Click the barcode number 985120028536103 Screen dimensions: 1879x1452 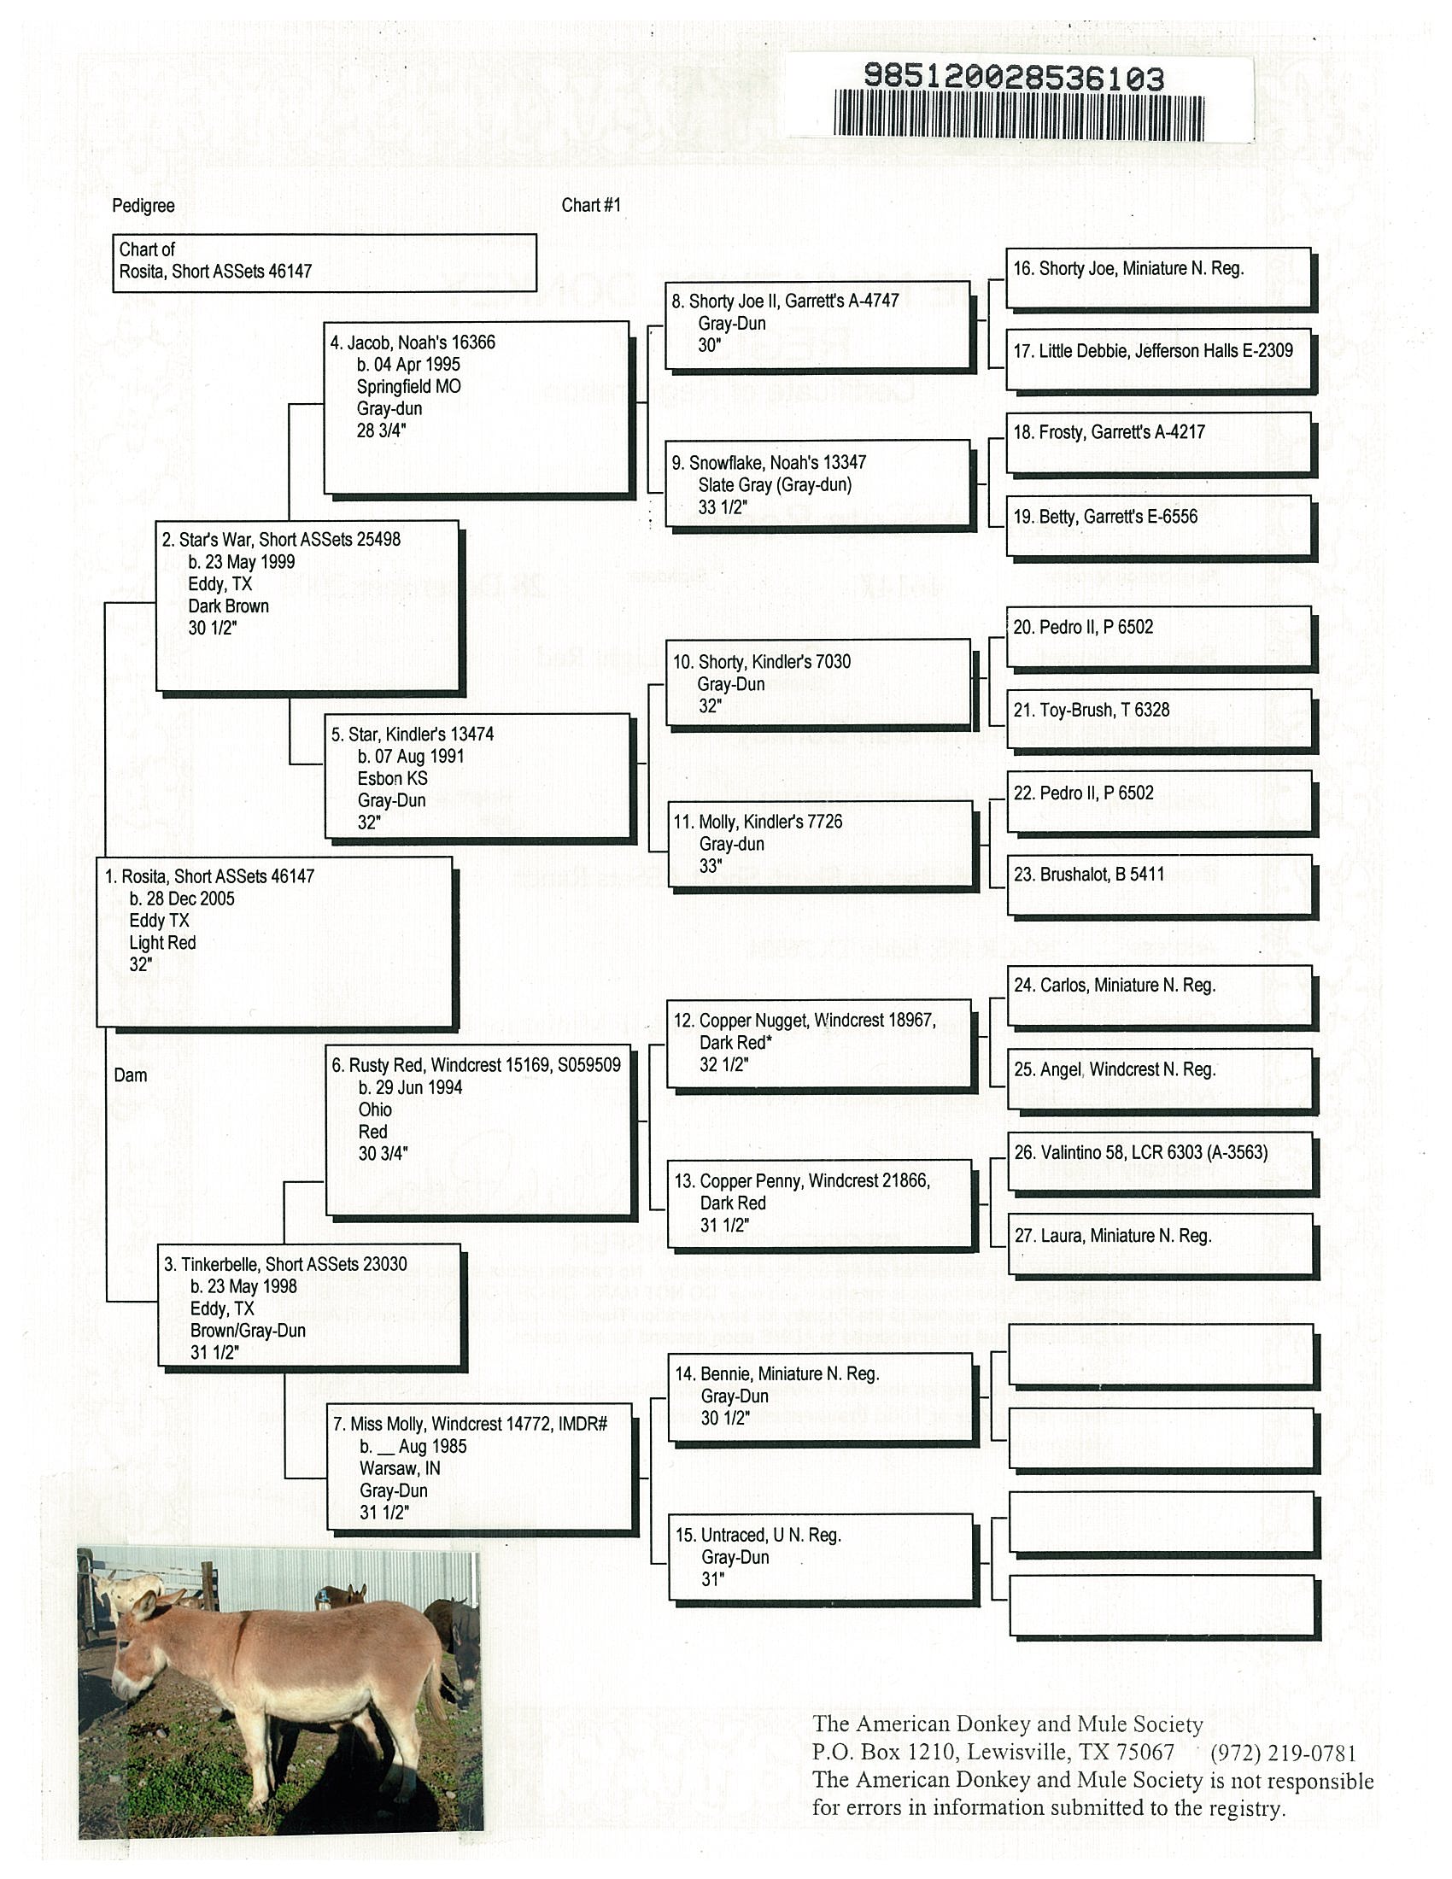(x=1013, y=79)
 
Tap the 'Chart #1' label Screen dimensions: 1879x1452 (x=590, y=205)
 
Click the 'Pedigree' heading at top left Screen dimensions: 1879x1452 (x=143, y=206)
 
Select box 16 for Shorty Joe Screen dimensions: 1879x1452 (x=1158, y=277)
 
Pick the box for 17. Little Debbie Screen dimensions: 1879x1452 (x=1158, y=359)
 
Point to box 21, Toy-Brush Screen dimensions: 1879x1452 (x=1158, y=718)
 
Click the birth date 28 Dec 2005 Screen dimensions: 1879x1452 (x=181, y=899)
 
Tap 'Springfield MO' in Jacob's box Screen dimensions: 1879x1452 (x=408, y=386)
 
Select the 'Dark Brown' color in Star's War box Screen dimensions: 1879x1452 (x=228, y=606)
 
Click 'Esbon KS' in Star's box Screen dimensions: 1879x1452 (x=392, y=778)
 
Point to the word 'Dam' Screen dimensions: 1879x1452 (x=130, y=1074)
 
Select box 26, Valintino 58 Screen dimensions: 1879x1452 (x=1160, y=1162)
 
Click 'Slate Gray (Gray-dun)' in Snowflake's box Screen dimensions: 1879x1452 (x=774, y=484)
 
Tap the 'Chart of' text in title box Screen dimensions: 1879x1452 (x=146, y=249)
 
